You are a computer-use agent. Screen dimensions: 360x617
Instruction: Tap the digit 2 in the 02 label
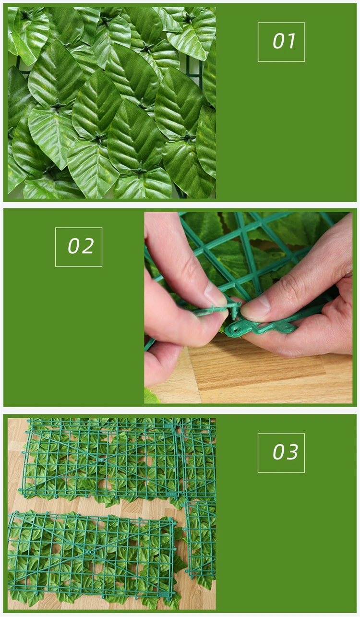88,246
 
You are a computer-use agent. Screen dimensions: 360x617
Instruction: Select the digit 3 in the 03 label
292,452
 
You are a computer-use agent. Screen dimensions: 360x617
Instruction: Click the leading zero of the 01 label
279,41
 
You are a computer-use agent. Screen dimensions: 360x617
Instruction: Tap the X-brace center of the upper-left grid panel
102,460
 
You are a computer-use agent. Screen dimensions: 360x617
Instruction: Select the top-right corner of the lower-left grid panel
174,522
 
